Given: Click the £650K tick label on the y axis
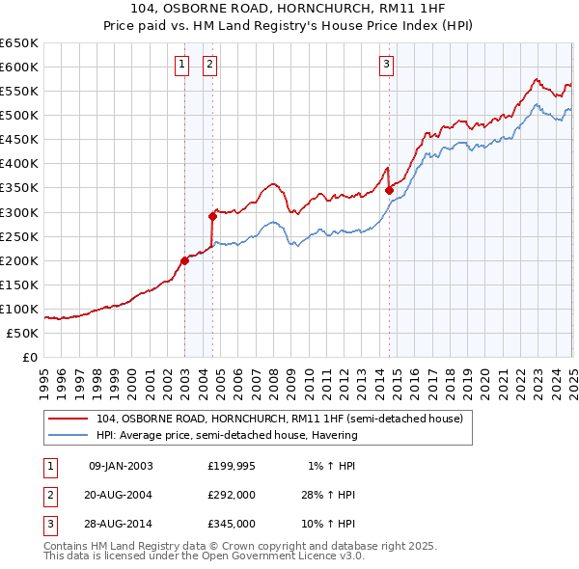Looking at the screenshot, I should coord(19,43).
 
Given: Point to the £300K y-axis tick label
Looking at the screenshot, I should coord(19,212).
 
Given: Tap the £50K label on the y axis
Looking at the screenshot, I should coord(23,333).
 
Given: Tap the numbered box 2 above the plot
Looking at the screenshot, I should coord(209,66).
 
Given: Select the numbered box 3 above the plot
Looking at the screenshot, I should coord(386,66).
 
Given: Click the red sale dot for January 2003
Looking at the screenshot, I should coord(184,260).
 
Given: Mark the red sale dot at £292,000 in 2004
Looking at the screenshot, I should coord(212,216).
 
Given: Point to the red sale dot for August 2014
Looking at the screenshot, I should coord(389,190).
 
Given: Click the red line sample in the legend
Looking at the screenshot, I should coord(69,419).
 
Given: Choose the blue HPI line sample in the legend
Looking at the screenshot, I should coord(69,435).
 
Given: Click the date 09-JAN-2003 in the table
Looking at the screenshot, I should coord(121,466).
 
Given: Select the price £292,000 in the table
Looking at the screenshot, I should coord(232,495).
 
